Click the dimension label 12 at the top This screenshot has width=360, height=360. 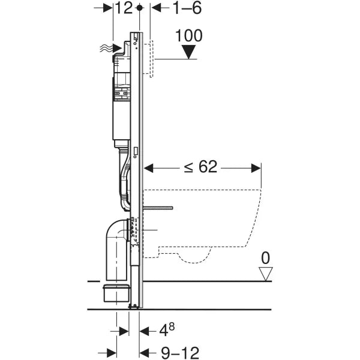click(124, 8)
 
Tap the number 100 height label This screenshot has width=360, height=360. click(189, 35)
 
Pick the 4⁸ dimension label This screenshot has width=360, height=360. click(166, 329)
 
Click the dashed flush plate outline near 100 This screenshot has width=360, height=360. click(152, 60)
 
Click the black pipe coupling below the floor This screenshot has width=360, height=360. click(118, 295)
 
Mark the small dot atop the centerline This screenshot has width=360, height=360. click(140, 8)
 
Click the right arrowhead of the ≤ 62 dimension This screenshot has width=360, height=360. click(257, 168)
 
